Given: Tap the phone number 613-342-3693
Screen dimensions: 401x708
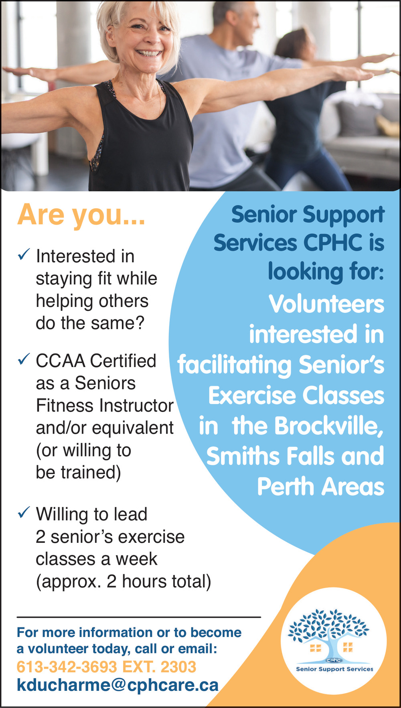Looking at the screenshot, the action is (x=67, y=667).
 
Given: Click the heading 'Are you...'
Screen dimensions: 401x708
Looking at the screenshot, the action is (x=81, y=215).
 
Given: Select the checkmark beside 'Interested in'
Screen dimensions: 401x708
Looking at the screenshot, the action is (x=24, y=254).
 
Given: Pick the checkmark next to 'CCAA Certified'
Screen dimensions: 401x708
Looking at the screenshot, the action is (x=24, y=359).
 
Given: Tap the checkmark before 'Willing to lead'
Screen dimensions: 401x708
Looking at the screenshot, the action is (x=24, y=512).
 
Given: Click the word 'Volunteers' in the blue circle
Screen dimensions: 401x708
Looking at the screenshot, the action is (x=326, y=304).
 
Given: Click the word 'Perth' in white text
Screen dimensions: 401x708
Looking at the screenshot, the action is (x=286, y=487).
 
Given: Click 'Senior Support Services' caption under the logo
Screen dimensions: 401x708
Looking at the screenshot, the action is (x=334, y=669).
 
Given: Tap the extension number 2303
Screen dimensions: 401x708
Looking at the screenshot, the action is (x=178, y=667).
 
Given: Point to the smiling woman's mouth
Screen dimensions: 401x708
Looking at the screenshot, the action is (x=149, y=53).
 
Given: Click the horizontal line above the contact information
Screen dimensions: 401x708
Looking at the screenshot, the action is (x=139, y=617).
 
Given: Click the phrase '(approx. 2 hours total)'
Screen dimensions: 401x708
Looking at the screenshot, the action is (x=124, y=582).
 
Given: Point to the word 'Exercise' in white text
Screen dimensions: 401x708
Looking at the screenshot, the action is (x=252, y=396).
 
